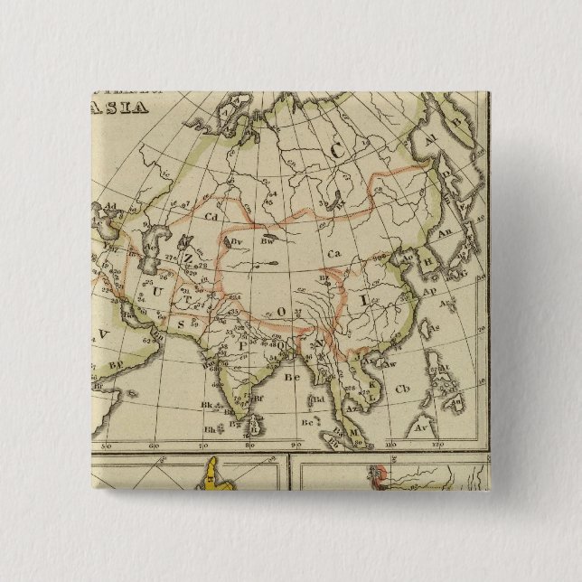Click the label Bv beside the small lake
pyautogui.click(x=238, y=242)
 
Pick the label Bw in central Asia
pyautogui.click(x=268, y=241)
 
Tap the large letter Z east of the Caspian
pyautogui.click(x=189, y=257)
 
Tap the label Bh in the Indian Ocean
pyautogui.click(x=210, y=428)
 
